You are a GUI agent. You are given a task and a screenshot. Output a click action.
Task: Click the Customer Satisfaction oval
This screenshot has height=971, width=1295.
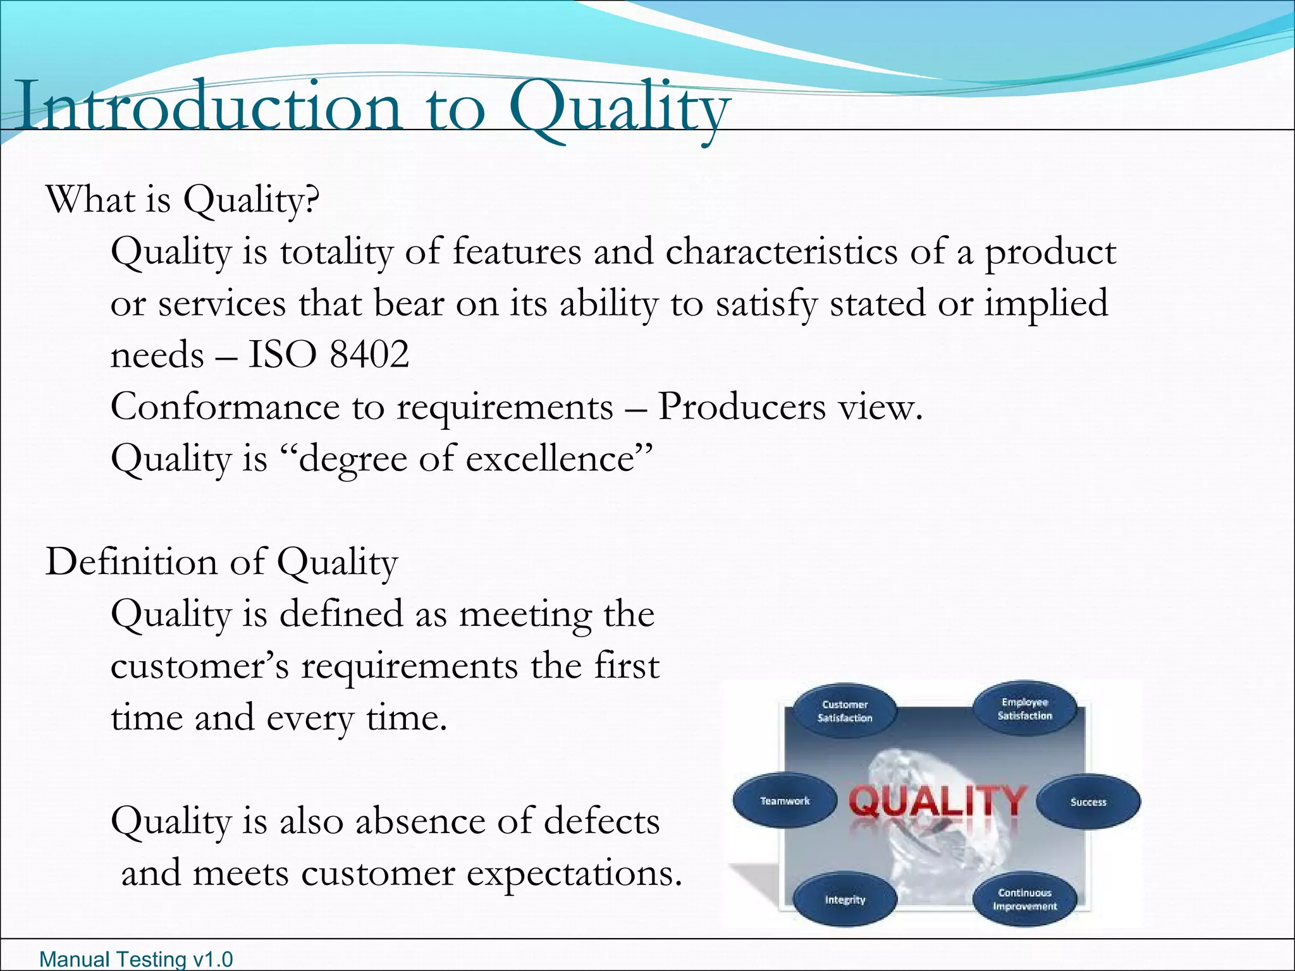click(x=844, y=711)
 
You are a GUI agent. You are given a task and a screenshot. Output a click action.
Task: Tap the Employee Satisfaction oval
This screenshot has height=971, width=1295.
click(x=1024, y=709)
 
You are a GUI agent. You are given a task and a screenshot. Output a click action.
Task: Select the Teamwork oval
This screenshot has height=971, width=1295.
click(x=785, y=801)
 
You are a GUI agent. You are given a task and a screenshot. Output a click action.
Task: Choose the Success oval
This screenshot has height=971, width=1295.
click(x=1088, y=802)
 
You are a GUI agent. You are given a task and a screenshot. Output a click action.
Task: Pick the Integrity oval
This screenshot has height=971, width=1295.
click(x=845, y=899)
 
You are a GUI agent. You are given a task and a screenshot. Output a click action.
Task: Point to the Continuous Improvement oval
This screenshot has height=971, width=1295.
click(x=1024, y=899)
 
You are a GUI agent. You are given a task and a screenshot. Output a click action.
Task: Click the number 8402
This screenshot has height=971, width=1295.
click(x=369, y=354)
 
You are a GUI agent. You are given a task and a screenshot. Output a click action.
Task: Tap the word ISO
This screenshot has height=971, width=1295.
click(x=282, y=354)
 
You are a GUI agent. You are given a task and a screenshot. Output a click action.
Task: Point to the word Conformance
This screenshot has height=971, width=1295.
click(x=225, y=406)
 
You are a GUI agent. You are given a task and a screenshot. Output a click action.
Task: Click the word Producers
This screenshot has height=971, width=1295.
click(x=741, y=406)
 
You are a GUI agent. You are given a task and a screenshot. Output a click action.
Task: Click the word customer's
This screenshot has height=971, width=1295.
click(x=200, y=666)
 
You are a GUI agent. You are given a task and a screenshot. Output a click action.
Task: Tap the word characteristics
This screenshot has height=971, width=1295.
click(x=781, y=252)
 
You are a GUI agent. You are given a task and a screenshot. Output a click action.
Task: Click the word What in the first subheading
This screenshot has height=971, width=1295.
click(x=90, y=200)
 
